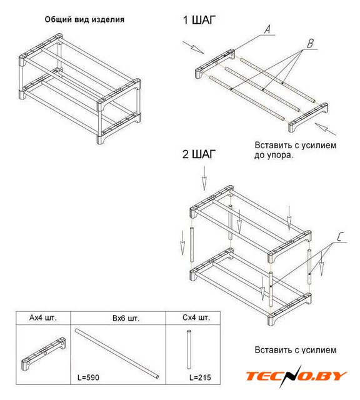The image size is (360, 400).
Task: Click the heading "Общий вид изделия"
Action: click(84, 19)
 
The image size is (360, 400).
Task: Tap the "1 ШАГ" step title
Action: click(199, 20)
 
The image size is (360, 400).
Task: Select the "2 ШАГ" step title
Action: click(199, 154)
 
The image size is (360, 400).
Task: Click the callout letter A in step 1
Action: click(267, 29)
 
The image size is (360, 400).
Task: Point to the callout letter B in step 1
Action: click(310, 43)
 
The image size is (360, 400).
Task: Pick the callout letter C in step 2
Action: click(340, 237)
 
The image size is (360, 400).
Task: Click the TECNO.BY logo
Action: click(296, 376)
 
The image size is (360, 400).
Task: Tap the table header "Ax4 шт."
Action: click(43, 318)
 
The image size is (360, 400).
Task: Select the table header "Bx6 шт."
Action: click(126, 318)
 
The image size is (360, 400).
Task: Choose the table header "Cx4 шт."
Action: click(196, 317)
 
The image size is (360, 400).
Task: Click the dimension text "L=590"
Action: click(88, 377)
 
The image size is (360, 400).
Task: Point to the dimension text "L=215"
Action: click(200, 377)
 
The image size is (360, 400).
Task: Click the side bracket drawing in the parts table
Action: click(43, 354)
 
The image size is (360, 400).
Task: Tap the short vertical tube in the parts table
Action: click(189, 349)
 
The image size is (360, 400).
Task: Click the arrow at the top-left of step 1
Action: click(193, 47)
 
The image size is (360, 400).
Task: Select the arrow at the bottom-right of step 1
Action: click(325, 129)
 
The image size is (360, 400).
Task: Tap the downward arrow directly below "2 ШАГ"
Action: click(204, 178)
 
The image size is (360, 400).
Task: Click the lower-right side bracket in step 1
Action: click(308, 117)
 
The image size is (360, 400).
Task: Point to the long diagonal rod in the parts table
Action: click(117, 354)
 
